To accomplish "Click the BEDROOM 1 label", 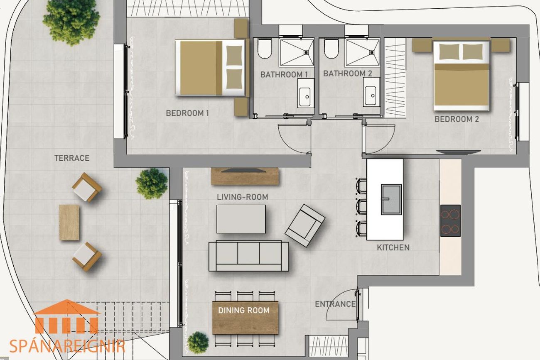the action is pos(187,113).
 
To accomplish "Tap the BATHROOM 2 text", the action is pos(347,73).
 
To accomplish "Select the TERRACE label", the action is pos(72,158).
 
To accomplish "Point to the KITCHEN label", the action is pos(393,247).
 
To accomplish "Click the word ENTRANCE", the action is pos(335,304).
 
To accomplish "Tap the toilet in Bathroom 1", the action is pos(265,49).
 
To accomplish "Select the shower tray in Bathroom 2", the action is pos(362,52).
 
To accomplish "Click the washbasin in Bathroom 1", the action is pos(306,93).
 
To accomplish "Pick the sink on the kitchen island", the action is pos(391,200).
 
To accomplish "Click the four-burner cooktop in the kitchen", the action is pos(450,220).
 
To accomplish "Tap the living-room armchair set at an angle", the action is pos(305,225).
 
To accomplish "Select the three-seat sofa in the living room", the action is pos(248,256).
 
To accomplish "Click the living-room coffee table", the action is pos(241,219).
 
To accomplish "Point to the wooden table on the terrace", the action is pos(69,223).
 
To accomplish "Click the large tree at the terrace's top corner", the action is pos(71,22).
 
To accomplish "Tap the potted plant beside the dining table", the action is pos(198,343).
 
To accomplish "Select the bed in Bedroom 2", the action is pos(461,76).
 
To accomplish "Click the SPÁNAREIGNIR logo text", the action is pos(67,346).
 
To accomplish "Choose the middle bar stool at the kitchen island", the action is pos(361,206).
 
